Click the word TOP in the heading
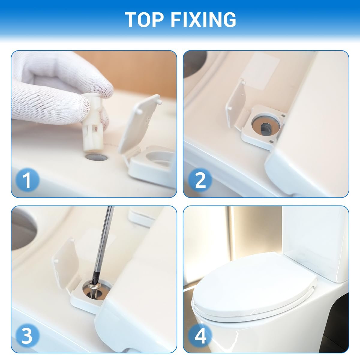click(144, 19)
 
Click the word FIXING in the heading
click(203, 19)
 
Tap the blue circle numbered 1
click(28, 180)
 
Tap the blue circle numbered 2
click(200, 180)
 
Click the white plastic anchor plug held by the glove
click(92, 123)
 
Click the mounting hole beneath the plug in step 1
click(96, 157)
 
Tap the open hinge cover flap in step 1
click(139, 124)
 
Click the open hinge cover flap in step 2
click(236, 105)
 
